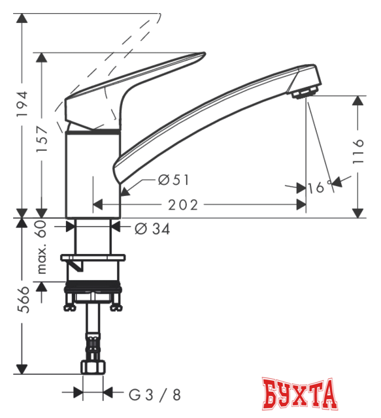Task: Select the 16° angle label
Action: point(318,187)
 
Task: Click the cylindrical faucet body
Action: point(94,173)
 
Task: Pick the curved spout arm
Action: point(209,111)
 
